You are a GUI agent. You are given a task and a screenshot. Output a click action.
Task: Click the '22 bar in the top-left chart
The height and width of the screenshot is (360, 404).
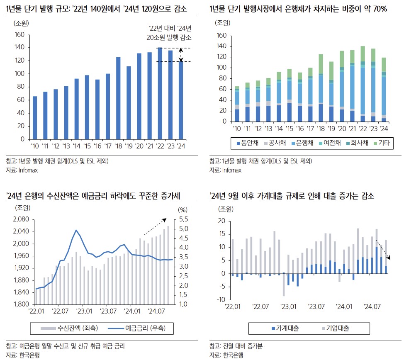(160, 93)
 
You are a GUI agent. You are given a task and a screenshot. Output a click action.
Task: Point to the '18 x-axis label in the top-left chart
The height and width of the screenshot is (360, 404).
(118, 146)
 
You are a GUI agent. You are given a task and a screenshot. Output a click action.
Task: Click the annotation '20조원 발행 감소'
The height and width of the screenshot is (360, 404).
(169, 37)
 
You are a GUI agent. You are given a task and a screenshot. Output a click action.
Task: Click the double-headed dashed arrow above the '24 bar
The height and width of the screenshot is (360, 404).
(181, 54)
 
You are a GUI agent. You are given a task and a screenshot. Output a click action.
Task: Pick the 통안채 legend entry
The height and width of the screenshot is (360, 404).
(248, 143)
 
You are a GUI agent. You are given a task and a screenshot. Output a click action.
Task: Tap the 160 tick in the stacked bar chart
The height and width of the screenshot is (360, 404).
(222, 36)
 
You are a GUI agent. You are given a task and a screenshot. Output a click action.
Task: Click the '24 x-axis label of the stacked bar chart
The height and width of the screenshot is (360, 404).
(384, 129)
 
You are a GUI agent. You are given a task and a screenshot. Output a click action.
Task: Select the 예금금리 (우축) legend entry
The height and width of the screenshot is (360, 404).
(139, 328)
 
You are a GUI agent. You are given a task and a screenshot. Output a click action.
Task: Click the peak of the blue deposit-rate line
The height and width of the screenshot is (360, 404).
(76, 230)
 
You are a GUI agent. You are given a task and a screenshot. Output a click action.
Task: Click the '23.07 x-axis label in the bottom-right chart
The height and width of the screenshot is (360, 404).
(316, 307)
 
